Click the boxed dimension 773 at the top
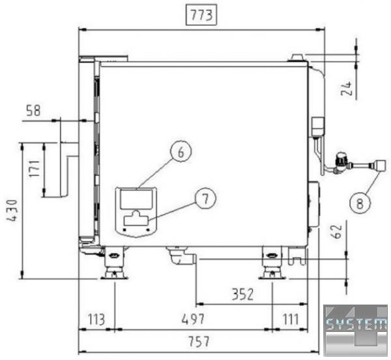coord(201,15)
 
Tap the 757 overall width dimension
coord(199,342)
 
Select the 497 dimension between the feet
coord(193,319)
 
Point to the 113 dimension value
coord(96,320)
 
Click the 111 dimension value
coord(291,319)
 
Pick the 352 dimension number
coord(242,294)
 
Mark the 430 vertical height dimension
coord(12,210)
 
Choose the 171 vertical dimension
coord(34,169)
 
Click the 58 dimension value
coord(33,110)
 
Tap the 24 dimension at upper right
coord(347,88)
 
